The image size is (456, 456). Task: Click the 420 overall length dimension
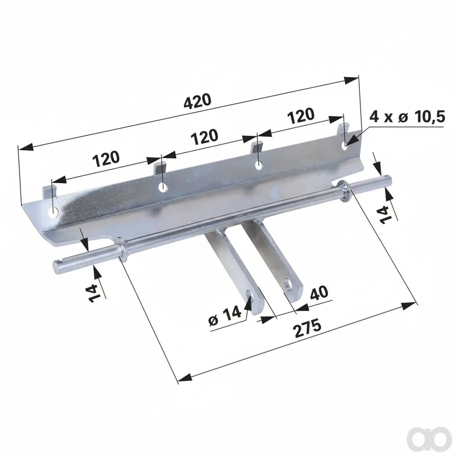pyautogui.click(x=197, y=101)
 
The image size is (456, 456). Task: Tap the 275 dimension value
pyautogui.click(x=307, y=328)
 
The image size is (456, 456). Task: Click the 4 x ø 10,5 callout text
pyautogui.click(x=407, y=117)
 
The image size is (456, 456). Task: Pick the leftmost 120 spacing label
pyautogui.click(x=106, y=159)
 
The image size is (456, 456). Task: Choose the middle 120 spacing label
pyautogui.click(x=204, y=137)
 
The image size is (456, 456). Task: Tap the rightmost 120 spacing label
pyautogui.click(x=301, y=116)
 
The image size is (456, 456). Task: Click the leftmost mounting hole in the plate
pyautogui.click(x=54, y=212)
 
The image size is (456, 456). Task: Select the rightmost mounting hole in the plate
pyautogui.click(x=345, y=147)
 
